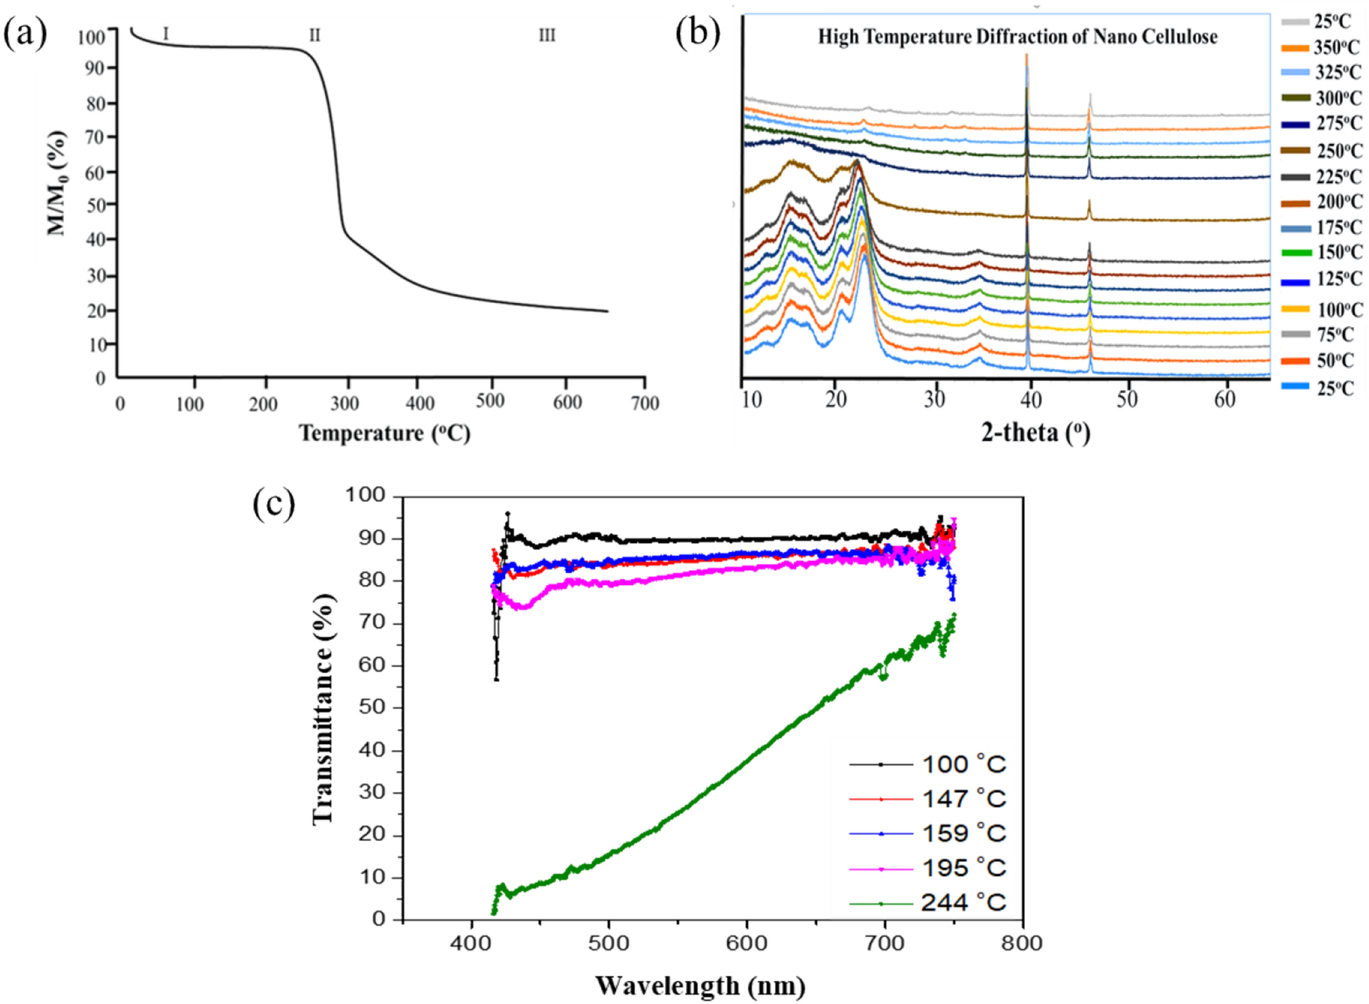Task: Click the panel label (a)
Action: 25,33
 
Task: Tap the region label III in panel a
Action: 547,35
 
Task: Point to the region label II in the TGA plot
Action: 314,35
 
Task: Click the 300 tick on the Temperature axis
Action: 345,404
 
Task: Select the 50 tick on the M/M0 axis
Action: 95,205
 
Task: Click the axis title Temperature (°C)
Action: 384,433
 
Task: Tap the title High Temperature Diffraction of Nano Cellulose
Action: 1017,37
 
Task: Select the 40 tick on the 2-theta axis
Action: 1031,399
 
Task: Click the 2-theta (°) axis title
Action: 1035,433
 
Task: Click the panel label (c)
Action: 274,503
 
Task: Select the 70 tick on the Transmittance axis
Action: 372,623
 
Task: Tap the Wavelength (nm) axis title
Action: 700,986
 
